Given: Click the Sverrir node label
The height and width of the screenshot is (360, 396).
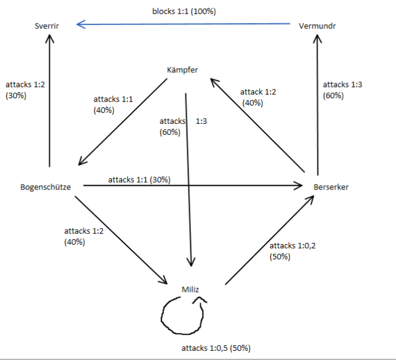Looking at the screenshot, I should click(49, 26).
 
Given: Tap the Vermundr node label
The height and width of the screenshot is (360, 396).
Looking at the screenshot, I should click(317, 26).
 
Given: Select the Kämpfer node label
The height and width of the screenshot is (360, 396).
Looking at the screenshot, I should click(182, 69).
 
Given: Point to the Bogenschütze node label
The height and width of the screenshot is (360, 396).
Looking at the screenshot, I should click(45, 186).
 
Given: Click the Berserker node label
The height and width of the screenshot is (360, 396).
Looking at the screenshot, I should click(330, 186).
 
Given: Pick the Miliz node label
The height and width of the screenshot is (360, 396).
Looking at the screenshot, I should click(191, 289).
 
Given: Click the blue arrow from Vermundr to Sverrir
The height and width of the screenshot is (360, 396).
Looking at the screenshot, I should click(184, 25).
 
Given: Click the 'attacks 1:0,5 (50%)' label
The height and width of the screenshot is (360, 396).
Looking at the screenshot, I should click(215, 348).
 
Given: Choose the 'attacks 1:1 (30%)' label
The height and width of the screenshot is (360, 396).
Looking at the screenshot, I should click(139, 180).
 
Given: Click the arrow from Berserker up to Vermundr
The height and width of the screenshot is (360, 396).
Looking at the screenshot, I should click(317, 104).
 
